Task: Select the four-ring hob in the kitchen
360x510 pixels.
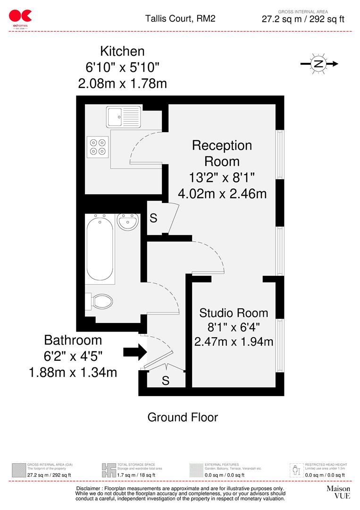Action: [98, 146]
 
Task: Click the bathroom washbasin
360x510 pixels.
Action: [127, 221]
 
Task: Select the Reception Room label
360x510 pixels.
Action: [222, 153]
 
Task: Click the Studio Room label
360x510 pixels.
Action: [234, 313]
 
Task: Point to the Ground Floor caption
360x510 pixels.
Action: [183, 417]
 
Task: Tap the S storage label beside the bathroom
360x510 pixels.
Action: [153, 219]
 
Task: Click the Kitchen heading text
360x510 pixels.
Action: [122, 51]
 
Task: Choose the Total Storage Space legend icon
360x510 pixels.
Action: [109, 470]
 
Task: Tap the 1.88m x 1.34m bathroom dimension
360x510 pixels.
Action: [73, 372]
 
